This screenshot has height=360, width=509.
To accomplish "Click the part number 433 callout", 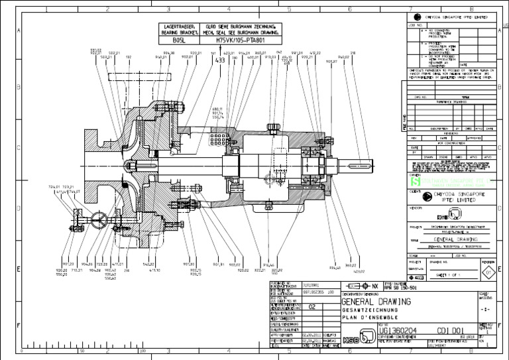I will (x=220, y=60).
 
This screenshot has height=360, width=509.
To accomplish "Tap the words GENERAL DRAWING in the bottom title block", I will (x=376, y=302).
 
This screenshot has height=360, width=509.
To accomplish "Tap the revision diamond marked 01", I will (x=488, y=272).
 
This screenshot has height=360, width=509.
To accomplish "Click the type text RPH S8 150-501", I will (x=402, y=288).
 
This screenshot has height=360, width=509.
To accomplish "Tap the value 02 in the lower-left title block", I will (x=313, y=307).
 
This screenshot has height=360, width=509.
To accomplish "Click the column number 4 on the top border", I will (x=229, y=9).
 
